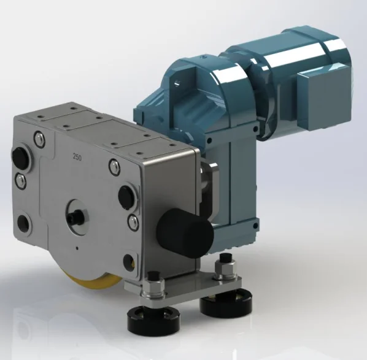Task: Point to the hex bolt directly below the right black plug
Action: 133,220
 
